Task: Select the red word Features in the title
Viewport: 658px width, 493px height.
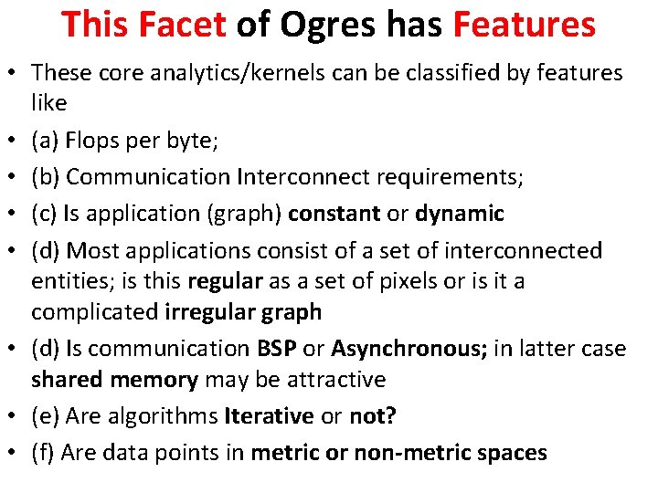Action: tap(525, 25)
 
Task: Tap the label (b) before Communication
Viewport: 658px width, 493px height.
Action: tap(46, 177)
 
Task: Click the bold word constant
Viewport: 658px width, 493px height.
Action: tap(334, 214)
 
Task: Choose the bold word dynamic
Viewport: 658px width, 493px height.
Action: tap(460, 214)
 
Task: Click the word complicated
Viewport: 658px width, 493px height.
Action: tap(95, 311)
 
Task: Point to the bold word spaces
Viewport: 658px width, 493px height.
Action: tap(506, 451)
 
